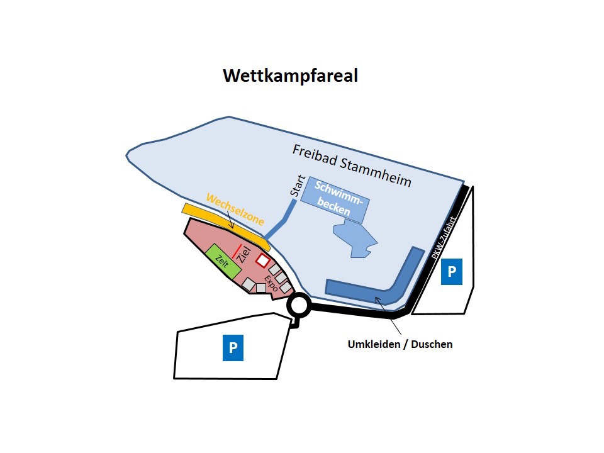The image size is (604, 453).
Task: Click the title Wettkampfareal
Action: [291, 75]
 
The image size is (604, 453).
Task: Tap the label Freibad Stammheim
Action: [352, 165]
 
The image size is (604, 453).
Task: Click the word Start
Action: [298, 186]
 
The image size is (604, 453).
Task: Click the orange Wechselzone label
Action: [235, 210]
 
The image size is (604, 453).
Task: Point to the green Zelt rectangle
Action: [223, 262]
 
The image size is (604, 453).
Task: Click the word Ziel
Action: [244, 255]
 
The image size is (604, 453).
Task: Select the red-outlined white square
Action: [263, 260]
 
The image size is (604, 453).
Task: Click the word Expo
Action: [271, 284]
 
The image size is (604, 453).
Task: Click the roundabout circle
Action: [299, 305]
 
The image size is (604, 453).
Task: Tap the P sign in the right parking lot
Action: [452, 272]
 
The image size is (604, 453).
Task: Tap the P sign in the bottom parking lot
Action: [233, 348]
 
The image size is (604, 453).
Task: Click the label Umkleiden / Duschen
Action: [400, 344]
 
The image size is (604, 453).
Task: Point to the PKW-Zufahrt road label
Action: [444, 238]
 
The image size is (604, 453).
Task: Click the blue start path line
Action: [281, 219]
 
